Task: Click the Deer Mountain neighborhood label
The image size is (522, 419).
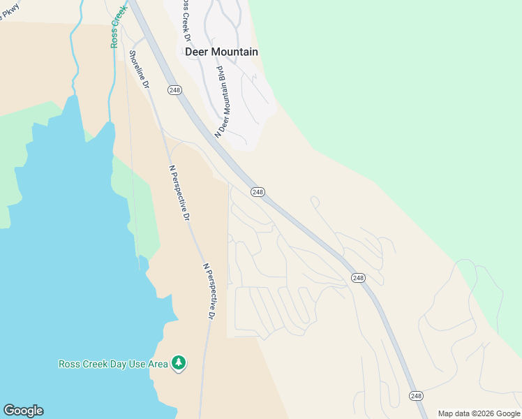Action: point(221,52)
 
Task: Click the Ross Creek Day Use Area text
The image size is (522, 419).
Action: point(112,364)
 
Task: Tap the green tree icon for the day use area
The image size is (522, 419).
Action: point(179,362)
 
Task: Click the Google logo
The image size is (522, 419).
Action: point(23,411)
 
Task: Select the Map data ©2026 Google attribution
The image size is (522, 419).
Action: point(479,413)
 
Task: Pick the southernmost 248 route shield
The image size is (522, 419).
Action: point(416,396)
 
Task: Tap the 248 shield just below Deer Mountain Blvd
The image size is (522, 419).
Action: point(258,192)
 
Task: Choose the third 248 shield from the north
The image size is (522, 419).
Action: point(358,278)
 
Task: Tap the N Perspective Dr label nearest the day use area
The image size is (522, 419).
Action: point(208,291)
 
